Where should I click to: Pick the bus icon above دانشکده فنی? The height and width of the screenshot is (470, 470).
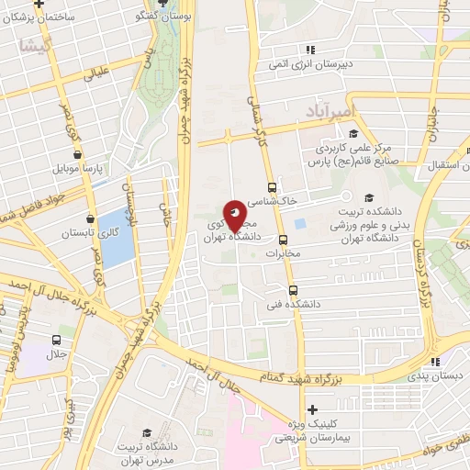pyautogui.click(x=293, y=289)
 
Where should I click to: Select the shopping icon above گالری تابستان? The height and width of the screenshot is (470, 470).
pyautogui.click(x=89, y=218)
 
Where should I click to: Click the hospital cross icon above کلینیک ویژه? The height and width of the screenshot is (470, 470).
pyautogui.click(x=313, y=409)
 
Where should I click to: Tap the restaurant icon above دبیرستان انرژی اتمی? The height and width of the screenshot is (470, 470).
pyautogui.click(x=311, y=50)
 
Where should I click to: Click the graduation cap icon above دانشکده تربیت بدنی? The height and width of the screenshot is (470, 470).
pyautogui.click(x=369, y=197)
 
